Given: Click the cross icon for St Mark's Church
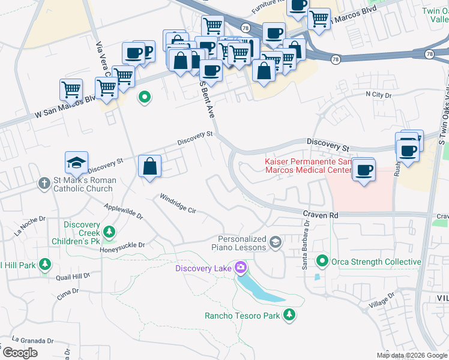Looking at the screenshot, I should pyautogui.click(x=44, y=183).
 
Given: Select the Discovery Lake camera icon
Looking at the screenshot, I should pyautogui.click(x=241, y=267).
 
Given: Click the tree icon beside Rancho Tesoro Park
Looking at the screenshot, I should pyautogui.click(x=289, y=315).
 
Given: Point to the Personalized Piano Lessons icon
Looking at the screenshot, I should pyautogui.click(x=276, y=242).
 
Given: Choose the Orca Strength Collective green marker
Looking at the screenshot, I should pyautogui.click(x=322, y=261).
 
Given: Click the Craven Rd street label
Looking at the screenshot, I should pyautogui.click(x=321, y=214).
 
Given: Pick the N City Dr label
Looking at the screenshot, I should pyautogui.click(x=378, y=95).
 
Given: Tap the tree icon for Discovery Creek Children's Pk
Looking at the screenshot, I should pyautogui.click(x=109, y=231).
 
